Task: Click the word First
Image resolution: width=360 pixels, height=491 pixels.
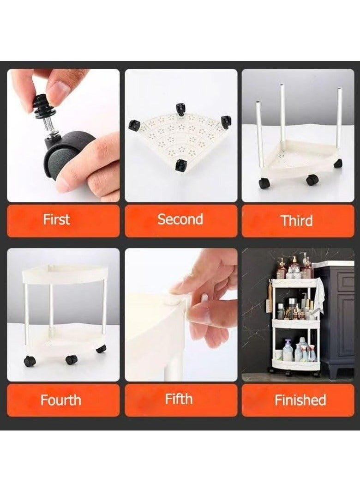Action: [56, 219]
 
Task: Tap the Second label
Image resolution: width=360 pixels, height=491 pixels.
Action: [180, 219]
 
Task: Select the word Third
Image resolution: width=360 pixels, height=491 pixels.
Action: [296, 220]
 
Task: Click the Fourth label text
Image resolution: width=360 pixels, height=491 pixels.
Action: [60, 400]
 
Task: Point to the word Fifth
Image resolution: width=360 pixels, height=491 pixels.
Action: [179, 399]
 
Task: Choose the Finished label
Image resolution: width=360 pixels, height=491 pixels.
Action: [300, 400]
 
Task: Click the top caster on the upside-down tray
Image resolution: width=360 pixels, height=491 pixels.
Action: [180, 109]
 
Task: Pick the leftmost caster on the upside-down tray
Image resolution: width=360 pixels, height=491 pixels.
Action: [134, 125]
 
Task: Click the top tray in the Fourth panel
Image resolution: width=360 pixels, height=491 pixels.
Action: [65, 275]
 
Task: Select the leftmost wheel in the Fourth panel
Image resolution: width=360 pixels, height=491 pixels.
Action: [30, 361]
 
